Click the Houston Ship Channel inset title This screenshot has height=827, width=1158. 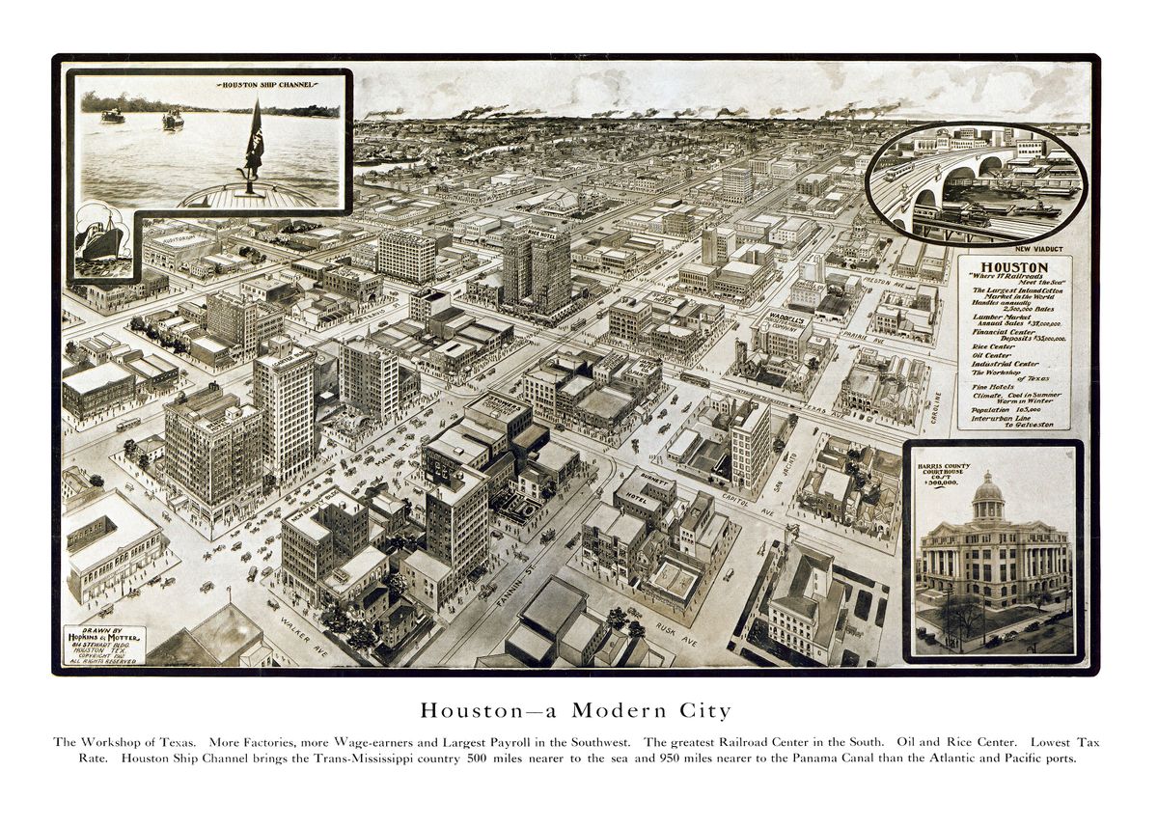point(266,85)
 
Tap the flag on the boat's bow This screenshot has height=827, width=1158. point(255,141)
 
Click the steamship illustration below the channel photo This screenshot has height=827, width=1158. point(100,236)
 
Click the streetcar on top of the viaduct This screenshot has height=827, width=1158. point(899,171)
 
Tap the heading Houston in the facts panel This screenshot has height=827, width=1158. point(1014,267)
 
